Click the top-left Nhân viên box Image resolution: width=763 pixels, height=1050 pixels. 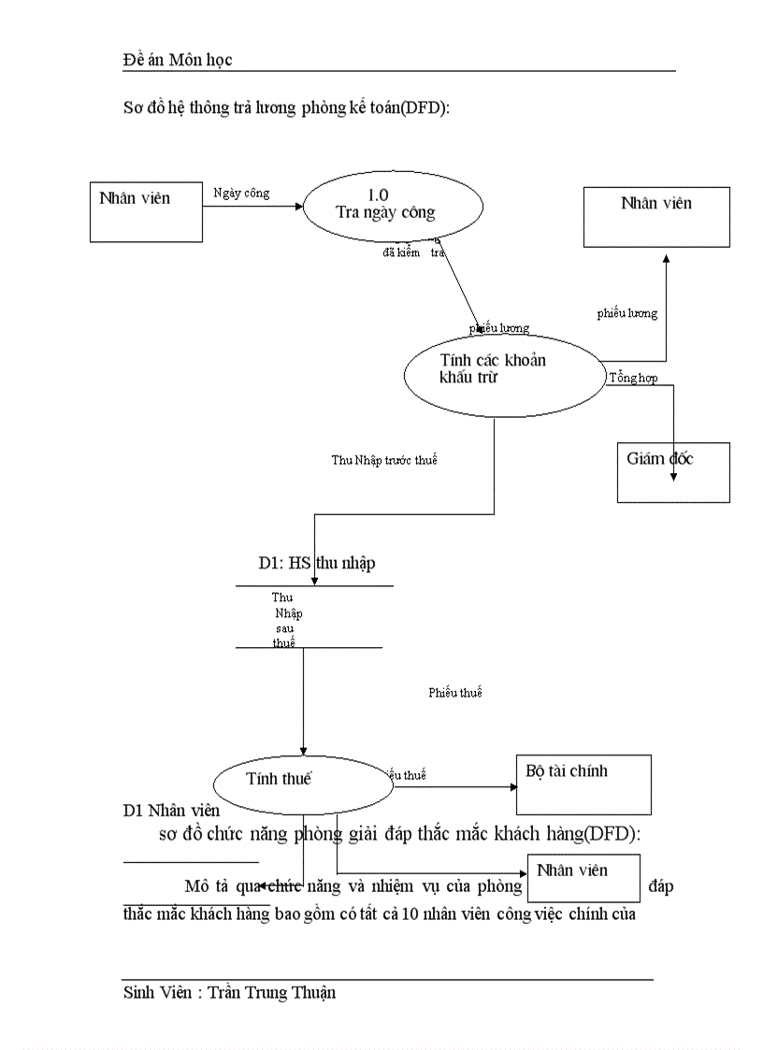[x=146, y=212]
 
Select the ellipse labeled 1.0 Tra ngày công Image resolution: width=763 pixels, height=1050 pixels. [x=393, y=205]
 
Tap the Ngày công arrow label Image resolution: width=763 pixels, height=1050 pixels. [x=241, y=194]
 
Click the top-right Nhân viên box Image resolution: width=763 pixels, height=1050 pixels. [x=656, y=216]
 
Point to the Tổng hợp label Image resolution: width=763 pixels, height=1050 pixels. [x=633, y=378]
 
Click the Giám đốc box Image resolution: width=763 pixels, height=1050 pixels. [x=673, y=472]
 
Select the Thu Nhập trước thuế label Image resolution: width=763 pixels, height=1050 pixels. [x=384, y=460]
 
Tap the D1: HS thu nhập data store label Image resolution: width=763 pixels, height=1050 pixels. [x=317, y=563]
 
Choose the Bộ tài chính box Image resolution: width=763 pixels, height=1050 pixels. [x=583, y=784]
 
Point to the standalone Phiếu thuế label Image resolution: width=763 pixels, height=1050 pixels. [x=455, y=693]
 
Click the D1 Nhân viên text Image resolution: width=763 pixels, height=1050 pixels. [x=171, y=811]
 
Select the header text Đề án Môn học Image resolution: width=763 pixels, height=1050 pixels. [x=178, y=60]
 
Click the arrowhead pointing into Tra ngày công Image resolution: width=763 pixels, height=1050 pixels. [x=298, y=206]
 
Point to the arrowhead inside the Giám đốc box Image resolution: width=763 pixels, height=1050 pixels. [x=673, y=477]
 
